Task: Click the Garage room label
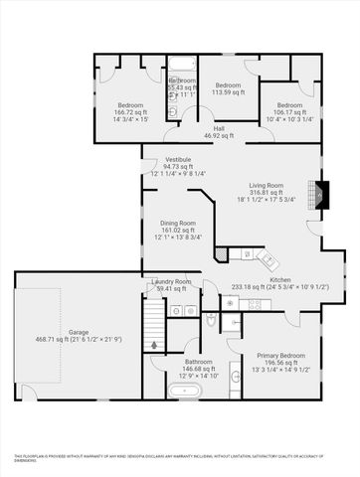coord(79,331)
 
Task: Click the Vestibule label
coord(178,159)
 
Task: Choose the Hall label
coord(218,128)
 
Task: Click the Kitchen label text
coord(280,280)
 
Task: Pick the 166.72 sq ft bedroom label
coord(131,105)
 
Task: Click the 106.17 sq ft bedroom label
coord(289,105)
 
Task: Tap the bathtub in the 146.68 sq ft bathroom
coord(185,391)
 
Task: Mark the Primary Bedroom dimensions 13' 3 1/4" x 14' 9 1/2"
coord(281,370)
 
